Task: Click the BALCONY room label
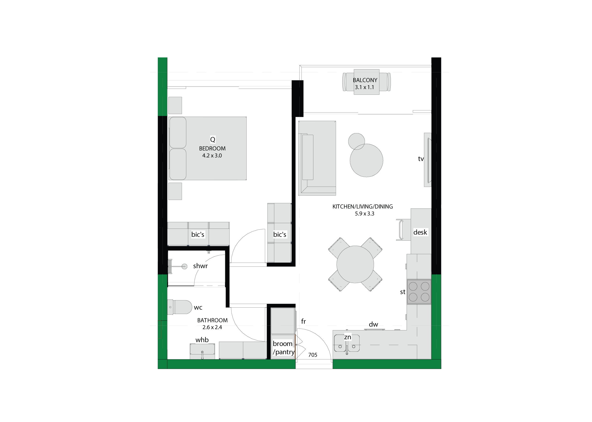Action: [x=365, y=80]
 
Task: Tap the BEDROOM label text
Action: [x=212, y=149]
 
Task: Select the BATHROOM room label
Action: [x=212, y=320]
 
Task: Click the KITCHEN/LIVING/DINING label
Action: [x=363, y=207]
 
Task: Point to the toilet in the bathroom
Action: [x=179, y=307]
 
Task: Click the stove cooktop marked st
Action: [x=419, y=292]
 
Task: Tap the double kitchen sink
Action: [x=347, y=343]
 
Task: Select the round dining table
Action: [x=355, y=264]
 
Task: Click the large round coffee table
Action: [x=366, y=160]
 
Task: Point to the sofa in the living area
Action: [x=317, y=158]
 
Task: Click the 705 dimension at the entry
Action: [x=313, y=355]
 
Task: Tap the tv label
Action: [x=421, y=159]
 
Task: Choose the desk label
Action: [x=420, y=232]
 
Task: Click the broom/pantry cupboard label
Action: [x=283, y=348]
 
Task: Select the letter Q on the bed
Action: [x=213, y=140]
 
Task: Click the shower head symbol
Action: [x=184, y=266]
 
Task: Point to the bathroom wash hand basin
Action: [x=202, y=351]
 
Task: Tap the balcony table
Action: [x=366, y=82]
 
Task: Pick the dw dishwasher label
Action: [x=373, y=324]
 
